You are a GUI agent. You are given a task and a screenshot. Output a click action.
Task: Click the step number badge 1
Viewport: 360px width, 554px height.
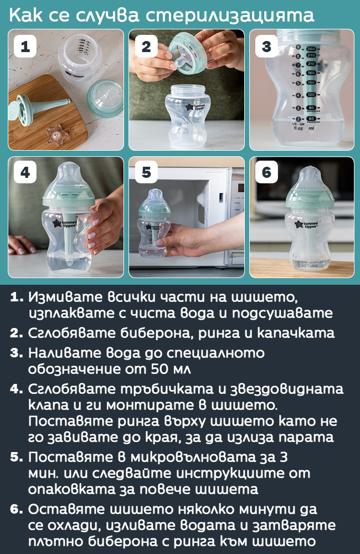coord(25,47)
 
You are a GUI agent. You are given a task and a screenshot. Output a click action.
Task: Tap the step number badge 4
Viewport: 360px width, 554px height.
coord(25,172)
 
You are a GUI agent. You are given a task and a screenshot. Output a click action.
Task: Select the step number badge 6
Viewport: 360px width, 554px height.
coord(266,172)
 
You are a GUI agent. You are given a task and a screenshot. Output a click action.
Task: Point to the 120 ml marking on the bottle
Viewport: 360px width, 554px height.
coord(311,95)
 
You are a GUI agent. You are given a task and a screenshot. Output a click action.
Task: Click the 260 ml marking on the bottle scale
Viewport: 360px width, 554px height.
coord(311,49)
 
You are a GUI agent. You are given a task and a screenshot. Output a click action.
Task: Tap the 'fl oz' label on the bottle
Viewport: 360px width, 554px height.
coord(298,129)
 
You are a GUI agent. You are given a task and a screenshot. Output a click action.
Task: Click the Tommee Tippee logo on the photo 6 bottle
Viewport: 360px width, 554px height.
coord(306,225)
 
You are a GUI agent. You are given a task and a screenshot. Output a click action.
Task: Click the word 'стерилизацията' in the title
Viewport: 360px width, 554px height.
coord(230,16)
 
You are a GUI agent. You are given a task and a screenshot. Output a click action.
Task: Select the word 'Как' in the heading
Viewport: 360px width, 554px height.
coord(27,16)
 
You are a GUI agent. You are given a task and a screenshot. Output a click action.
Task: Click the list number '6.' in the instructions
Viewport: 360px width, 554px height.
coord(17,510)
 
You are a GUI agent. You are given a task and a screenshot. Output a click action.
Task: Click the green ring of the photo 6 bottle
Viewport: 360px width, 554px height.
coord(310,198)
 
